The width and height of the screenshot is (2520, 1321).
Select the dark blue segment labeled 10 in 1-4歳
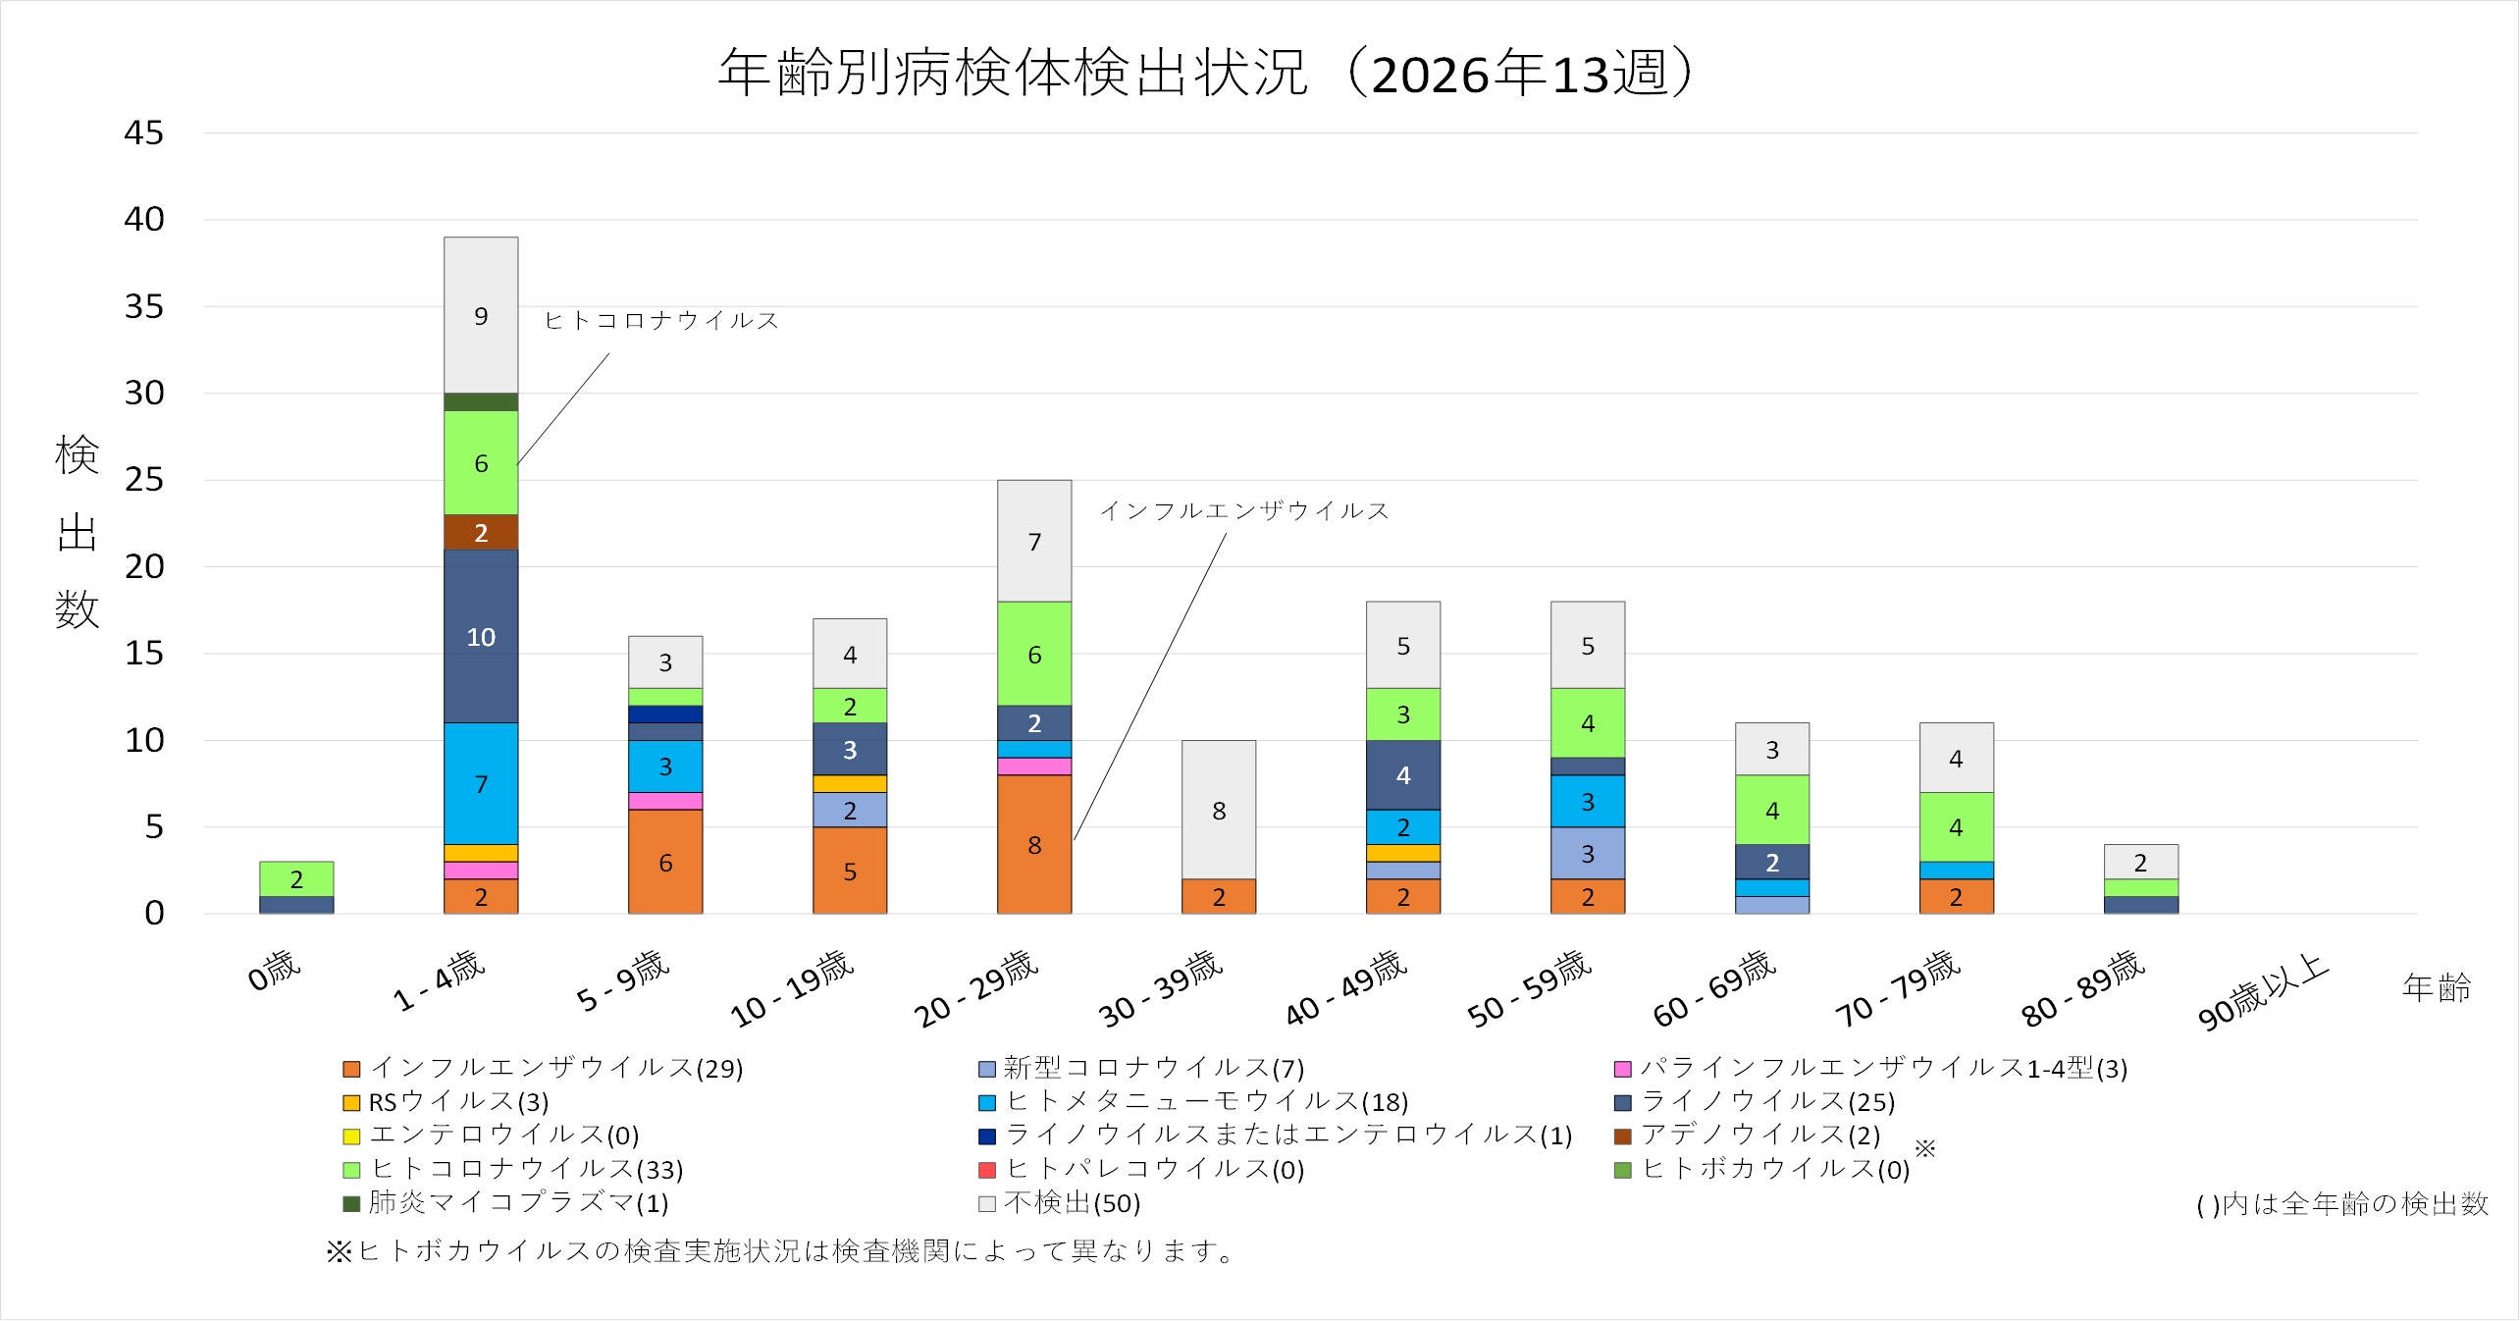point(481,636)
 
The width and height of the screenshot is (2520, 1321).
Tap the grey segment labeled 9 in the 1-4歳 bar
point(481,315)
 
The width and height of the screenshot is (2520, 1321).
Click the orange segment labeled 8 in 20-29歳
point(1034,844)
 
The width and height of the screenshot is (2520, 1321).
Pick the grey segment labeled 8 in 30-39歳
point(1219,810)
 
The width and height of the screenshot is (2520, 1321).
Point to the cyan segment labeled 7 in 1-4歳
point(481,783)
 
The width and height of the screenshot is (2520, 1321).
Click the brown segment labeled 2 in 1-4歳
point(481,532)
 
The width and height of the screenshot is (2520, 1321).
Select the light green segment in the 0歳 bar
point(296,878)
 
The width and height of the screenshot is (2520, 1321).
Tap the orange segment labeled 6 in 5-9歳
point(665,862)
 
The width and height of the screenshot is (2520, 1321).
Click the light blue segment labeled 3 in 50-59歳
point(1588,853)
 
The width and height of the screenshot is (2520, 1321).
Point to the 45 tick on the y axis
point(143,133)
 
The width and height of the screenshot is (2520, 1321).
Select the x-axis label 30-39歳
point(1160,989)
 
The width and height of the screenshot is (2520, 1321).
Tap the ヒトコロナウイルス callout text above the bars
point(661,321)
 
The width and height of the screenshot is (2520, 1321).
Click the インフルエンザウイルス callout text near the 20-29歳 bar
point(1244,511)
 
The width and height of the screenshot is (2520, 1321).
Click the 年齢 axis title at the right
point(2436,987)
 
